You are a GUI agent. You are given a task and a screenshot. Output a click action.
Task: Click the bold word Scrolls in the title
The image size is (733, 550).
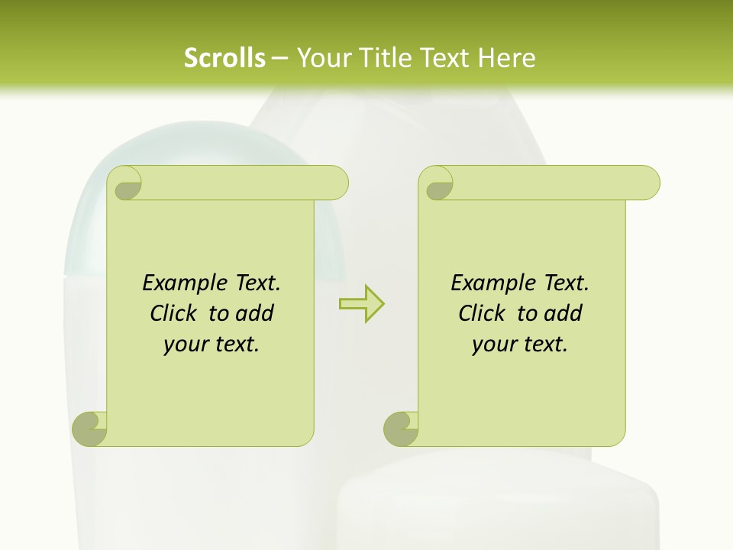pyautogui.click(x=224, y=58)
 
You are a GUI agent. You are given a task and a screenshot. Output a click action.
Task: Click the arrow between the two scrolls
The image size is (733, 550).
pyautogui.click(x=361, y=303)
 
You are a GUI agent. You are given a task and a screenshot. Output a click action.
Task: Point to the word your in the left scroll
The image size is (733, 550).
pyautogui.click(x=185, y=345)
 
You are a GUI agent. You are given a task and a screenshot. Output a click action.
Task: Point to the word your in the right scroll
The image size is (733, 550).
pyautogui.click(x=493, y=345)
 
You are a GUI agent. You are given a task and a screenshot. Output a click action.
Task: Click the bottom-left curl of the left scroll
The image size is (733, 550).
pyautogui.click(x=90, y=429)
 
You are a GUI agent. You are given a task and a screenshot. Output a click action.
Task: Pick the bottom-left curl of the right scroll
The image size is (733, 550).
pyautogui.click(x=401, y=429)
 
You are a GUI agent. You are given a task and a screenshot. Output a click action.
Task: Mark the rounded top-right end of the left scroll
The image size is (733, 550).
pyautogui.click(x=336, y=183)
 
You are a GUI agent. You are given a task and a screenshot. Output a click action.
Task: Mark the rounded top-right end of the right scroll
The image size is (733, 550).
pyautogui.click(x=647, y=183)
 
